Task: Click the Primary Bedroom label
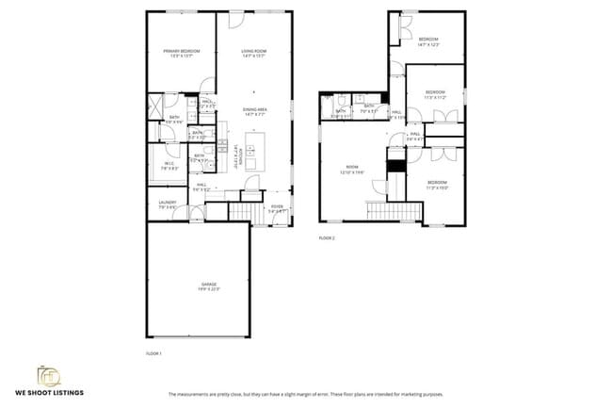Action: click(181, 53)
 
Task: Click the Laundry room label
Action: click(168, 204)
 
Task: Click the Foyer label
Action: click(278, 209)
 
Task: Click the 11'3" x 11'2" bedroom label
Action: click(434, 95)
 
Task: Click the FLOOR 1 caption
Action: click(154, 353)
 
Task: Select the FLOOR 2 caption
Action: click(327, 238)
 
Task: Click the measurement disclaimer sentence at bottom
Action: click(306, 394)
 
